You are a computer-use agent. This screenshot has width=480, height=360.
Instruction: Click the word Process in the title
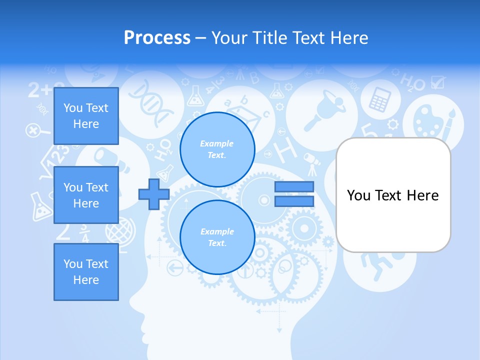pos(157,37)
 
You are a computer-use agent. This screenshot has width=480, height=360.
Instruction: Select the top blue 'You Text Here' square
pos(86,116)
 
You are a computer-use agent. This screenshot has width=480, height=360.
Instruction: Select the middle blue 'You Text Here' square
pos(86,195)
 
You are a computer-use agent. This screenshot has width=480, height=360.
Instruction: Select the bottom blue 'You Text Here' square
pos(86,272)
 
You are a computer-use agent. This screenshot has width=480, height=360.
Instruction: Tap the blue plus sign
pos(153,194)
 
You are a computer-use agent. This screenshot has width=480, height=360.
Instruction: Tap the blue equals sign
pos(294,194)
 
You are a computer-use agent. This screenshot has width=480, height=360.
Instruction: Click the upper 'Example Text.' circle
pos(217,149)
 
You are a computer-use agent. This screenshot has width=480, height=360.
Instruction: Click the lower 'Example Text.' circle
pos(217,237)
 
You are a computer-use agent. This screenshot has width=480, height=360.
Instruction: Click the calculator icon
pos(379,98)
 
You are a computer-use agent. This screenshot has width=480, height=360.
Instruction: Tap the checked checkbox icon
pos(437,82)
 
